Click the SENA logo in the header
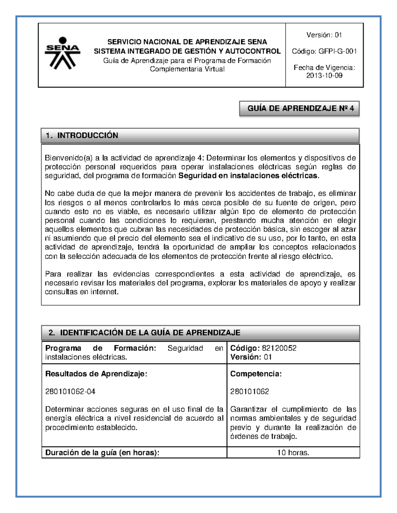[62, 54]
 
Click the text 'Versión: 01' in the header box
[324, 35]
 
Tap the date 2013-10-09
[324, 76]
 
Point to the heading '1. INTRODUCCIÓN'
[82, 135]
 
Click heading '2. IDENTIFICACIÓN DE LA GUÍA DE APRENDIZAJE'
[144, 333]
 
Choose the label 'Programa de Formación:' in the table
[101, 348]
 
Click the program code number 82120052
[279, 348]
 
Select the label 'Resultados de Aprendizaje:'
[96, 374]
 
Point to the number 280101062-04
[70, 392]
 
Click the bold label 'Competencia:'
[256, 374]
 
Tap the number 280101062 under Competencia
[249, 392]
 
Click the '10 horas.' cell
[293, 453]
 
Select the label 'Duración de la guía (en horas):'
[102, 453]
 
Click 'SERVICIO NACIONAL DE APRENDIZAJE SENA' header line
[187, 42]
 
